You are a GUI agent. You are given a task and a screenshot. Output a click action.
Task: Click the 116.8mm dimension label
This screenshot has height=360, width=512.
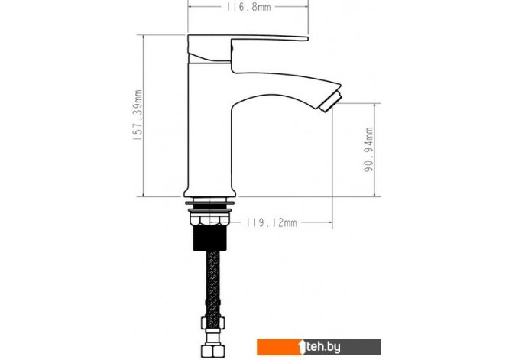249,7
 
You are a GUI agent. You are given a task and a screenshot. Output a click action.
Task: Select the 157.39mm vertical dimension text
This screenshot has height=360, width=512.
138,115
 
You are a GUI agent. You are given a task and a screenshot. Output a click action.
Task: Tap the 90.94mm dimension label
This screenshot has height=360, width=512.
368,150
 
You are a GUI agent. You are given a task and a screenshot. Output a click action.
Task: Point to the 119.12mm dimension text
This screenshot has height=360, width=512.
271,222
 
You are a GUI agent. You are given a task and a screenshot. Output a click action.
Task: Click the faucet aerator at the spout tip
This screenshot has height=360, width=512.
330,102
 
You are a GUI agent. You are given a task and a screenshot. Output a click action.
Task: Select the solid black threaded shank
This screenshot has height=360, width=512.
209,238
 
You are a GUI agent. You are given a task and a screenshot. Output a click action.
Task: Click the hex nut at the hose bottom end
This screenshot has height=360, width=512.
212,350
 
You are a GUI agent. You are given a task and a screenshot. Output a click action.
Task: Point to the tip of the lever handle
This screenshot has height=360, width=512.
307,39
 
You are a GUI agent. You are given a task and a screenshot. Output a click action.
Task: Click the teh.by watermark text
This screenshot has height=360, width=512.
323,347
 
